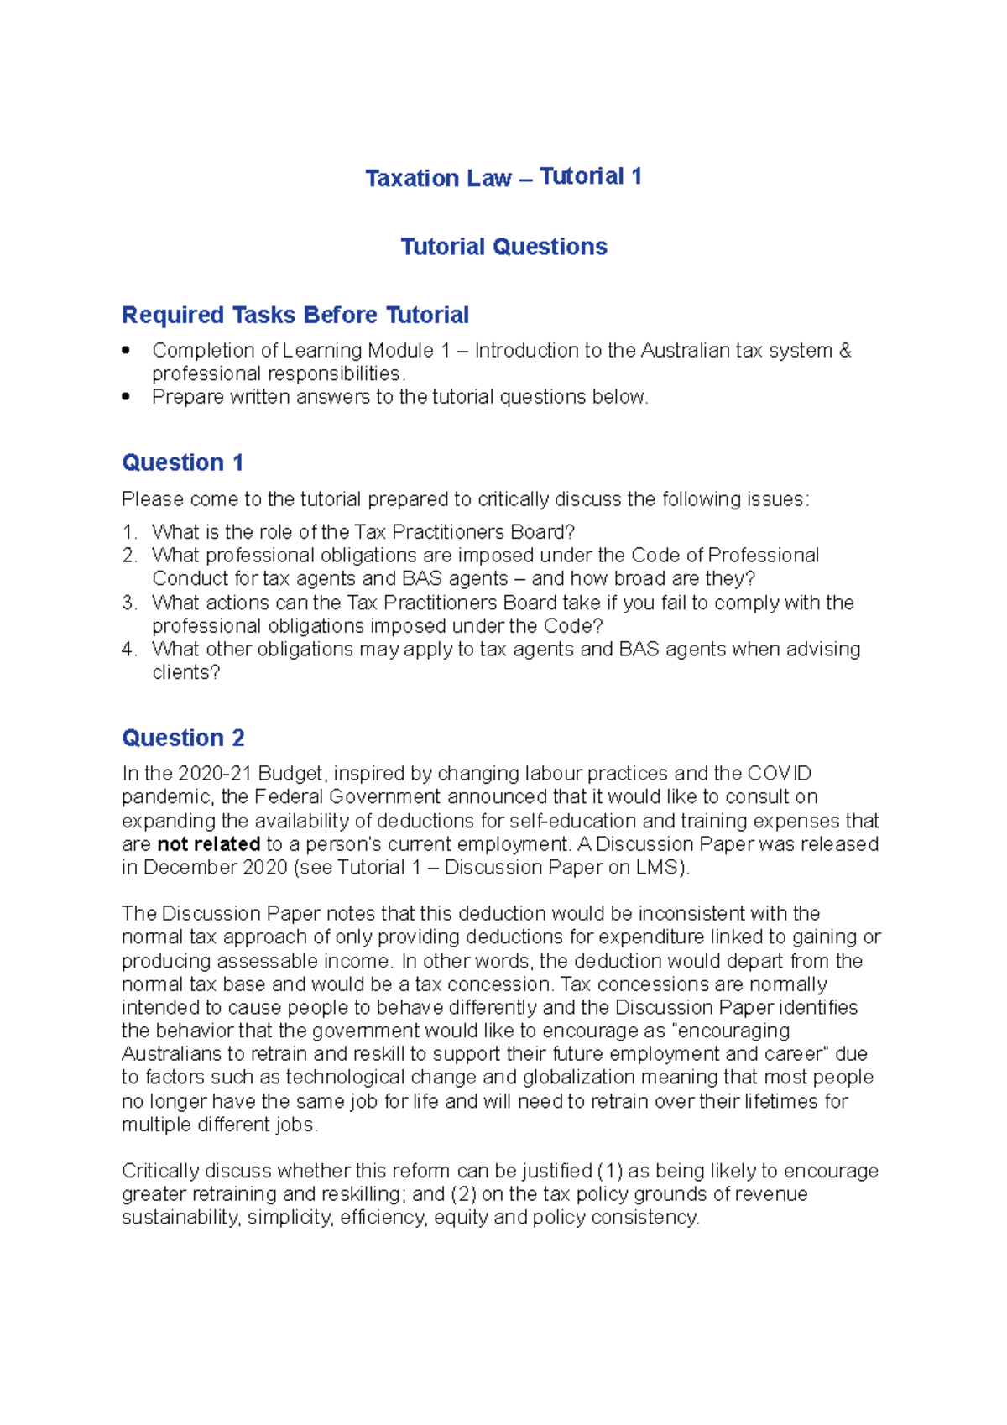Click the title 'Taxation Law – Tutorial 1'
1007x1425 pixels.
503,177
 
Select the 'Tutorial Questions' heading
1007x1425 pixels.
503,247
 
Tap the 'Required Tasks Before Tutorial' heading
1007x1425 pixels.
295,315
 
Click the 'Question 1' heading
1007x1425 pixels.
182,462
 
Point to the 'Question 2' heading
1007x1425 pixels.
183,738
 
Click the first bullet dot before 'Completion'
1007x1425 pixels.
126,350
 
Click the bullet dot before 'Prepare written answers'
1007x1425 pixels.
126,397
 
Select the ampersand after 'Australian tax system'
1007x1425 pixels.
845,350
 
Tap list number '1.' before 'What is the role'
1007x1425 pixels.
129,532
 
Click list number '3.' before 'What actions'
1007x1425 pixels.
129,603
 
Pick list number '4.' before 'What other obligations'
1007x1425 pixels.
129,649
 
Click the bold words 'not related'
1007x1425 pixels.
208,844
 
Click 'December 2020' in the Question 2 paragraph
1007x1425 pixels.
216,868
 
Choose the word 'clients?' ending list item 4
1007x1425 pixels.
185,672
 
